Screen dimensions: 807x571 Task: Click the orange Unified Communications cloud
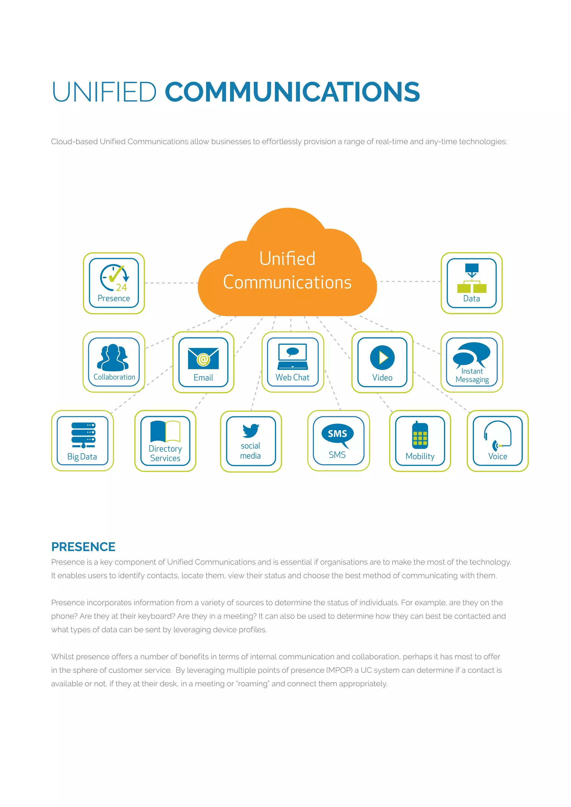(287, 271)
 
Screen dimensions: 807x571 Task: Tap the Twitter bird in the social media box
(251, 431)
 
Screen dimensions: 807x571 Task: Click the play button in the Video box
(382, 358)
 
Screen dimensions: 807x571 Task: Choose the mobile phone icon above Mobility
(420, 436)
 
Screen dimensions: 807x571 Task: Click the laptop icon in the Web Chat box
(292, 357)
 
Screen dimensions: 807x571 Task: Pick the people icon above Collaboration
(113, 358)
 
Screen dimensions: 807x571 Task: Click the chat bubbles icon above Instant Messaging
(471, 354)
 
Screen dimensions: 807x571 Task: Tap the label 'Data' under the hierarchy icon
(471, 299)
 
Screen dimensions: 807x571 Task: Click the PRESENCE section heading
(83, 547)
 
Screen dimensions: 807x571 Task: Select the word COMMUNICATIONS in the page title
(292, 92)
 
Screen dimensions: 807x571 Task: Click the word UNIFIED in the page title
(104, 92)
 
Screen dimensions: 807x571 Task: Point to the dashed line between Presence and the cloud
(171, 283)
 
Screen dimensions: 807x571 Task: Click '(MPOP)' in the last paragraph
(339, 670)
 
